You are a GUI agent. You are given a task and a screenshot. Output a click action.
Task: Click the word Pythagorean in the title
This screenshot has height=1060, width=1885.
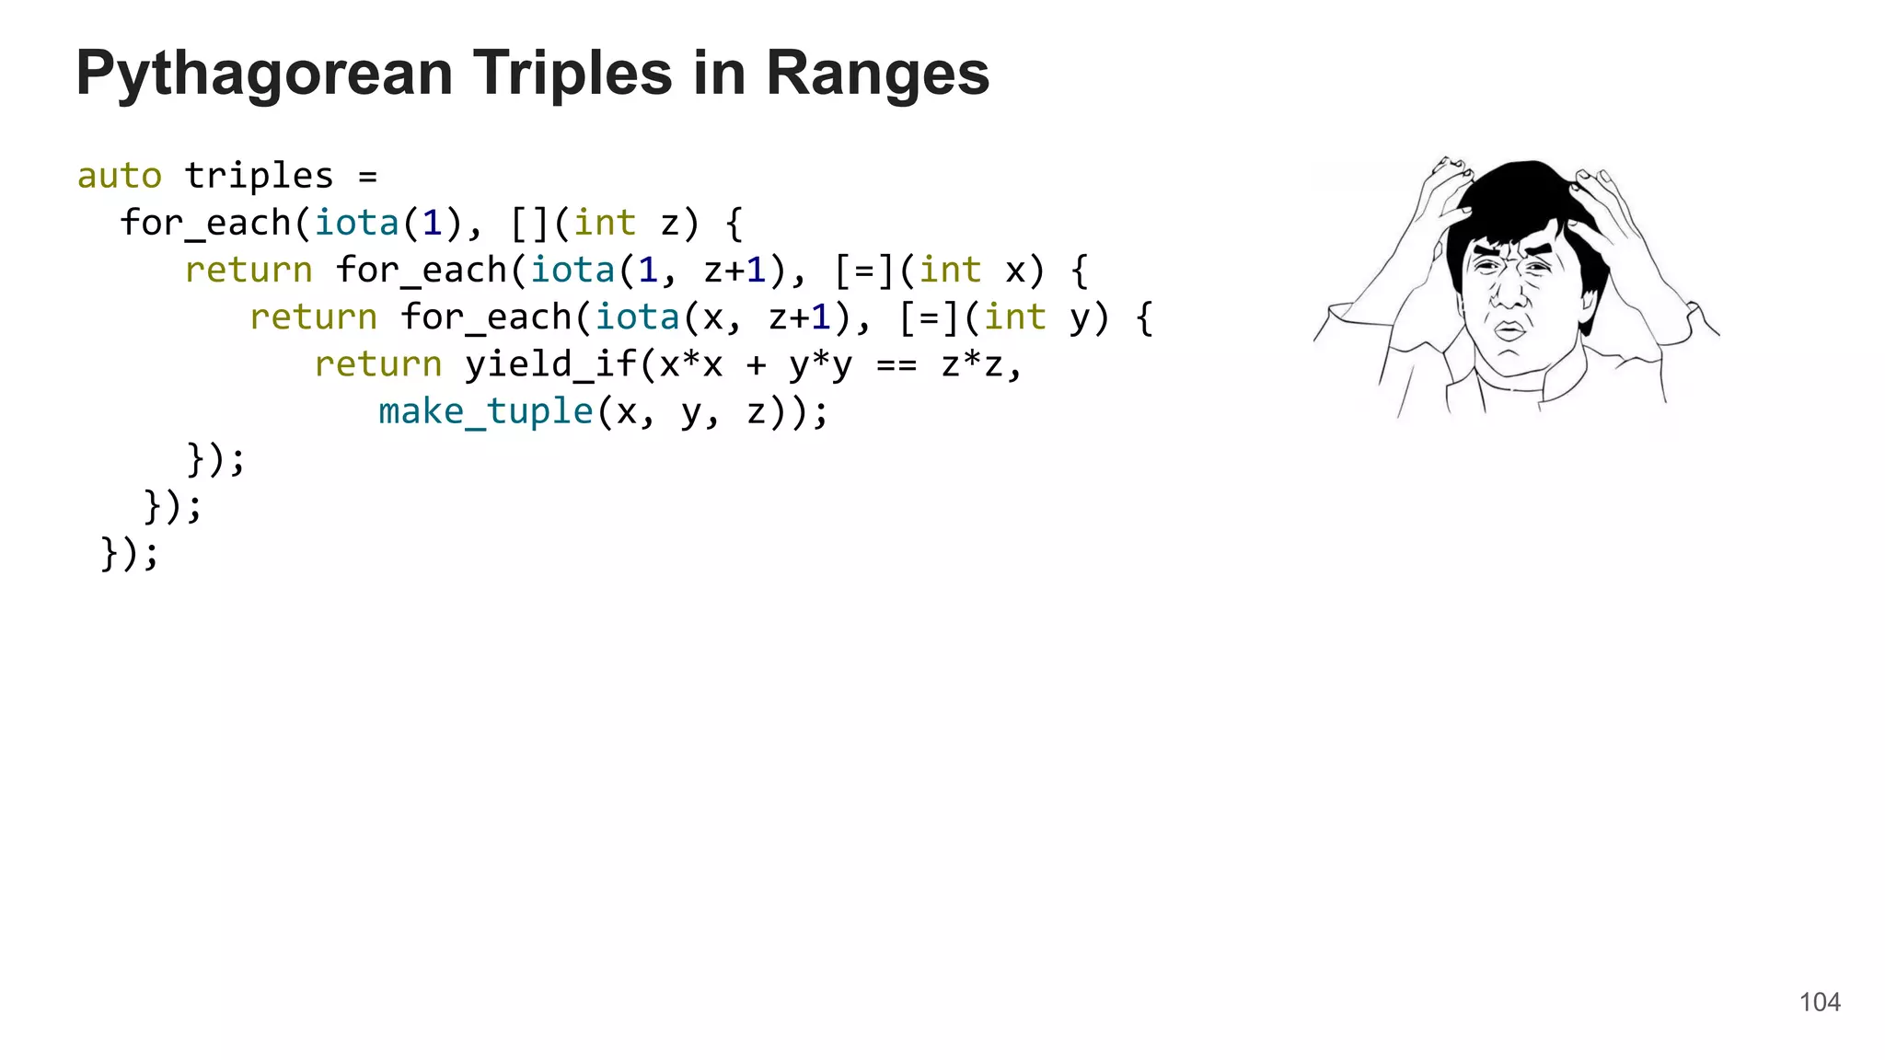264,74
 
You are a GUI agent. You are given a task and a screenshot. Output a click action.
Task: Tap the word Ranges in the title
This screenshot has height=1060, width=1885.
877,74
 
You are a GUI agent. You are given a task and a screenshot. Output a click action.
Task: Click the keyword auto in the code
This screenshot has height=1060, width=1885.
120,176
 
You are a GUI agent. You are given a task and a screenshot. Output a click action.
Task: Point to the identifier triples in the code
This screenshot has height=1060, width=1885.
259,176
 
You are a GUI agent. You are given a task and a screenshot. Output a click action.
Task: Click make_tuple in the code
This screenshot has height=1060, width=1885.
486,411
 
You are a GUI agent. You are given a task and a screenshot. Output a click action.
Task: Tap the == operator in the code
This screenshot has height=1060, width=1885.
896,365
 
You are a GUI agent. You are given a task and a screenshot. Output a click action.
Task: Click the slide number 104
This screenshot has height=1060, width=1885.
1820,1002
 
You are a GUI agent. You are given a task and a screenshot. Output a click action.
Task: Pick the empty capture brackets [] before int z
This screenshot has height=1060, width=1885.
529,223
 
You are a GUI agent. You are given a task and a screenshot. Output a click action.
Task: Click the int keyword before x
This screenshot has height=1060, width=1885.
950,271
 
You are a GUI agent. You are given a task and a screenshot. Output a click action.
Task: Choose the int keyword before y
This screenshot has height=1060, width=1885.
1014,317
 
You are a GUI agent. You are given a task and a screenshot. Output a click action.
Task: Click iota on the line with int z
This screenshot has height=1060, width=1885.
356,223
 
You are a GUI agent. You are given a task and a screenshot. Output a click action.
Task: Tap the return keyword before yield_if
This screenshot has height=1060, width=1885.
377,364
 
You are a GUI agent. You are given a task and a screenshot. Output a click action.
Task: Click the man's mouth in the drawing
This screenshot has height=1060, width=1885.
1509,329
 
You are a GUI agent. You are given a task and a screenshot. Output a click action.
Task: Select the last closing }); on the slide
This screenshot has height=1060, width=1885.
130,553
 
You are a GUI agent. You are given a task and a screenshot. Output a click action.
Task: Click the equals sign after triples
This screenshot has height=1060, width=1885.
367,177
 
